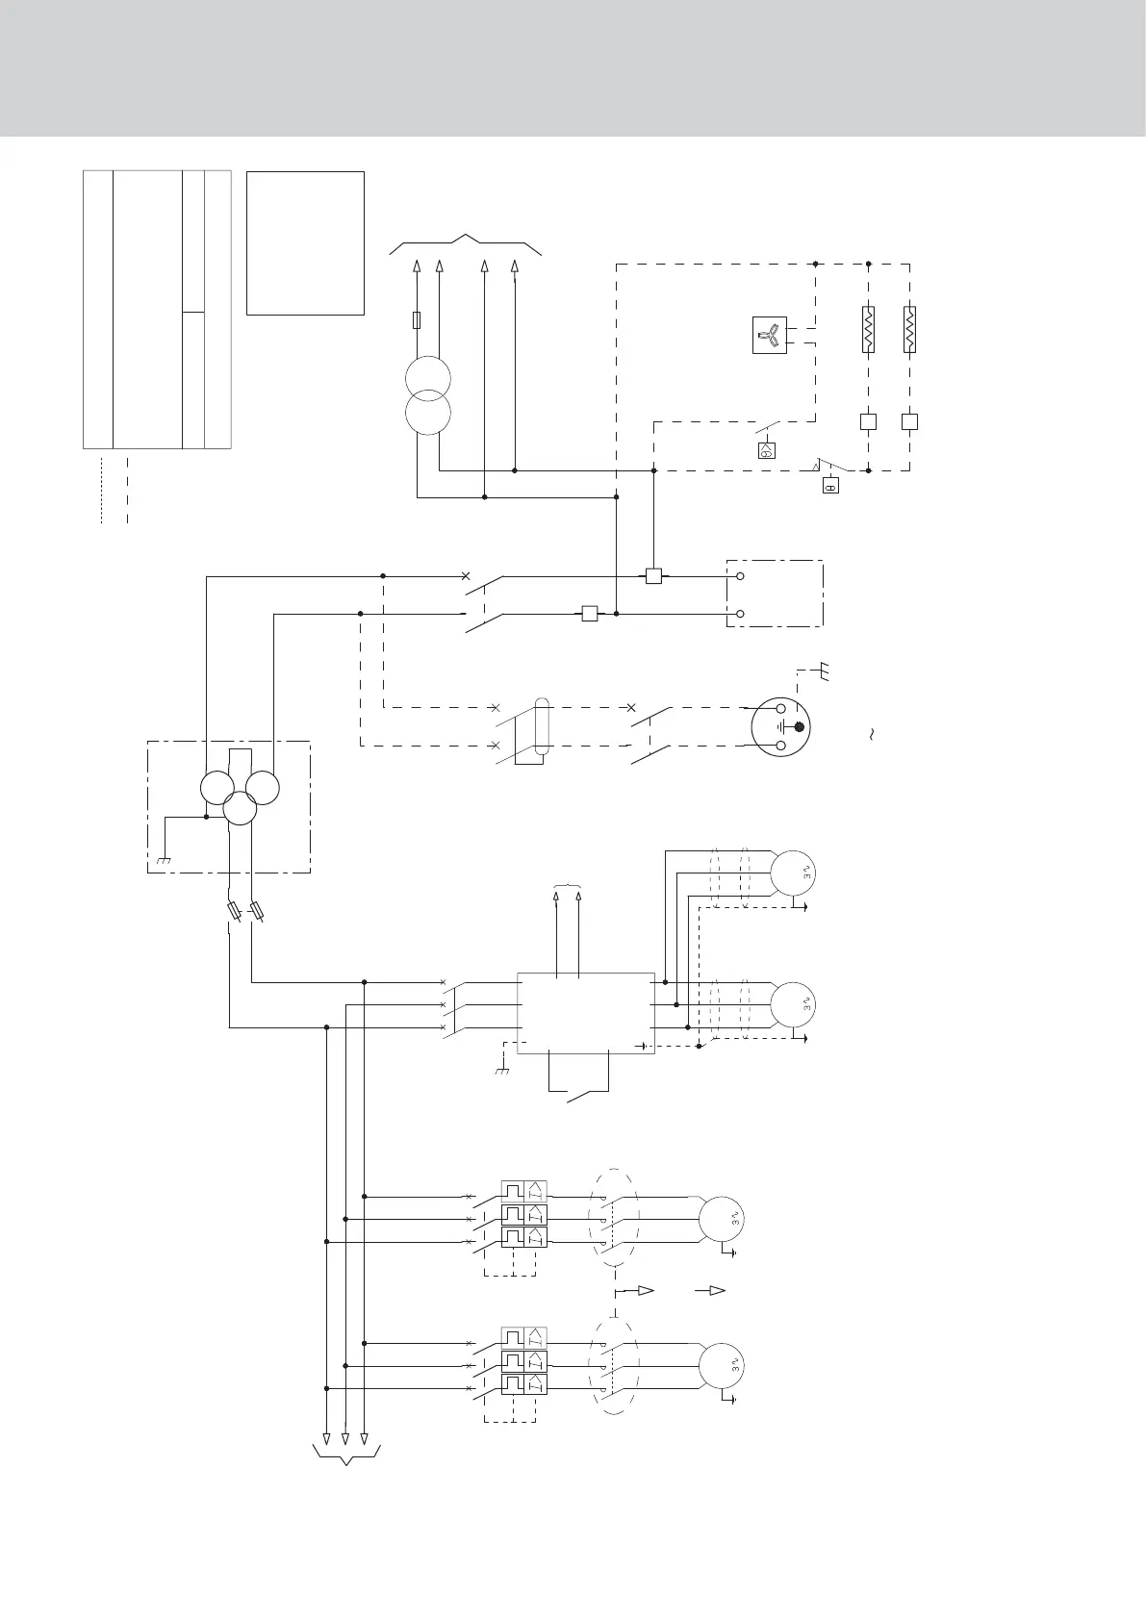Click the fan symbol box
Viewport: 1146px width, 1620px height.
(x=770, y=335)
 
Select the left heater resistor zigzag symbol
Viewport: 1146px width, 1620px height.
(x=868, y=329)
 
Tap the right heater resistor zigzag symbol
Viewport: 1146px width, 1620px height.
(x=909, y=329)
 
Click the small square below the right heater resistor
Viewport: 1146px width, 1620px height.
(x=909, y=421)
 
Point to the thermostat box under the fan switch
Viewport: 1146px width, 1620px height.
(x=767, y=449)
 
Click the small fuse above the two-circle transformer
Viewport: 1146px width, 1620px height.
(x=416, y=319)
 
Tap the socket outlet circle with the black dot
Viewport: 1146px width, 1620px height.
(x=780, y=726)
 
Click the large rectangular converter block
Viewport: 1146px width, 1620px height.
(x=585, y=1012)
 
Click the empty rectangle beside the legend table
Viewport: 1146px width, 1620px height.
(x=305, y=242)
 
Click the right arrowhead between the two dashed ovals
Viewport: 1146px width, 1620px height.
(x=715, y=1290)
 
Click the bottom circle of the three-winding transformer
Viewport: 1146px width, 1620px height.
(x=240, y=809)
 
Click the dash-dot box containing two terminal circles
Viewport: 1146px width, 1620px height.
(x=775, y=593)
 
